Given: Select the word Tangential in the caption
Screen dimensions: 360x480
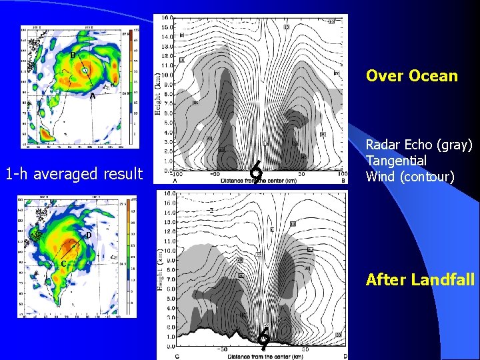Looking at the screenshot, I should tap(397, 161).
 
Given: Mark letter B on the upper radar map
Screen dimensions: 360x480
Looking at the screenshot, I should tap(73, 55).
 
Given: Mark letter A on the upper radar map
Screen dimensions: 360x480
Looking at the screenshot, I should tap(92, 96).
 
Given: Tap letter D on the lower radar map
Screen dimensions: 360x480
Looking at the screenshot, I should tap(88, 235).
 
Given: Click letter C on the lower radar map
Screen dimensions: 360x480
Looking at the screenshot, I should tap(63, 263).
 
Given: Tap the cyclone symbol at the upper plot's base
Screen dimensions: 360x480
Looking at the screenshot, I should tap(255, 173).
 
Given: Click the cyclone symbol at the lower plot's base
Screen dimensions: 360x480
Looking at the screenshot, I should tap(264, 338).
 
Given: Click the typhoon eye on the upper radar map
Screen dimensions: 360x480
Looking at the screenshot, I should tap(86, 69).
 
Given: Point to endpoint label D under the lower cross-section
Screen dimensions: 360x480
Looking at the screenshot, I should tap(345, 356).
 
